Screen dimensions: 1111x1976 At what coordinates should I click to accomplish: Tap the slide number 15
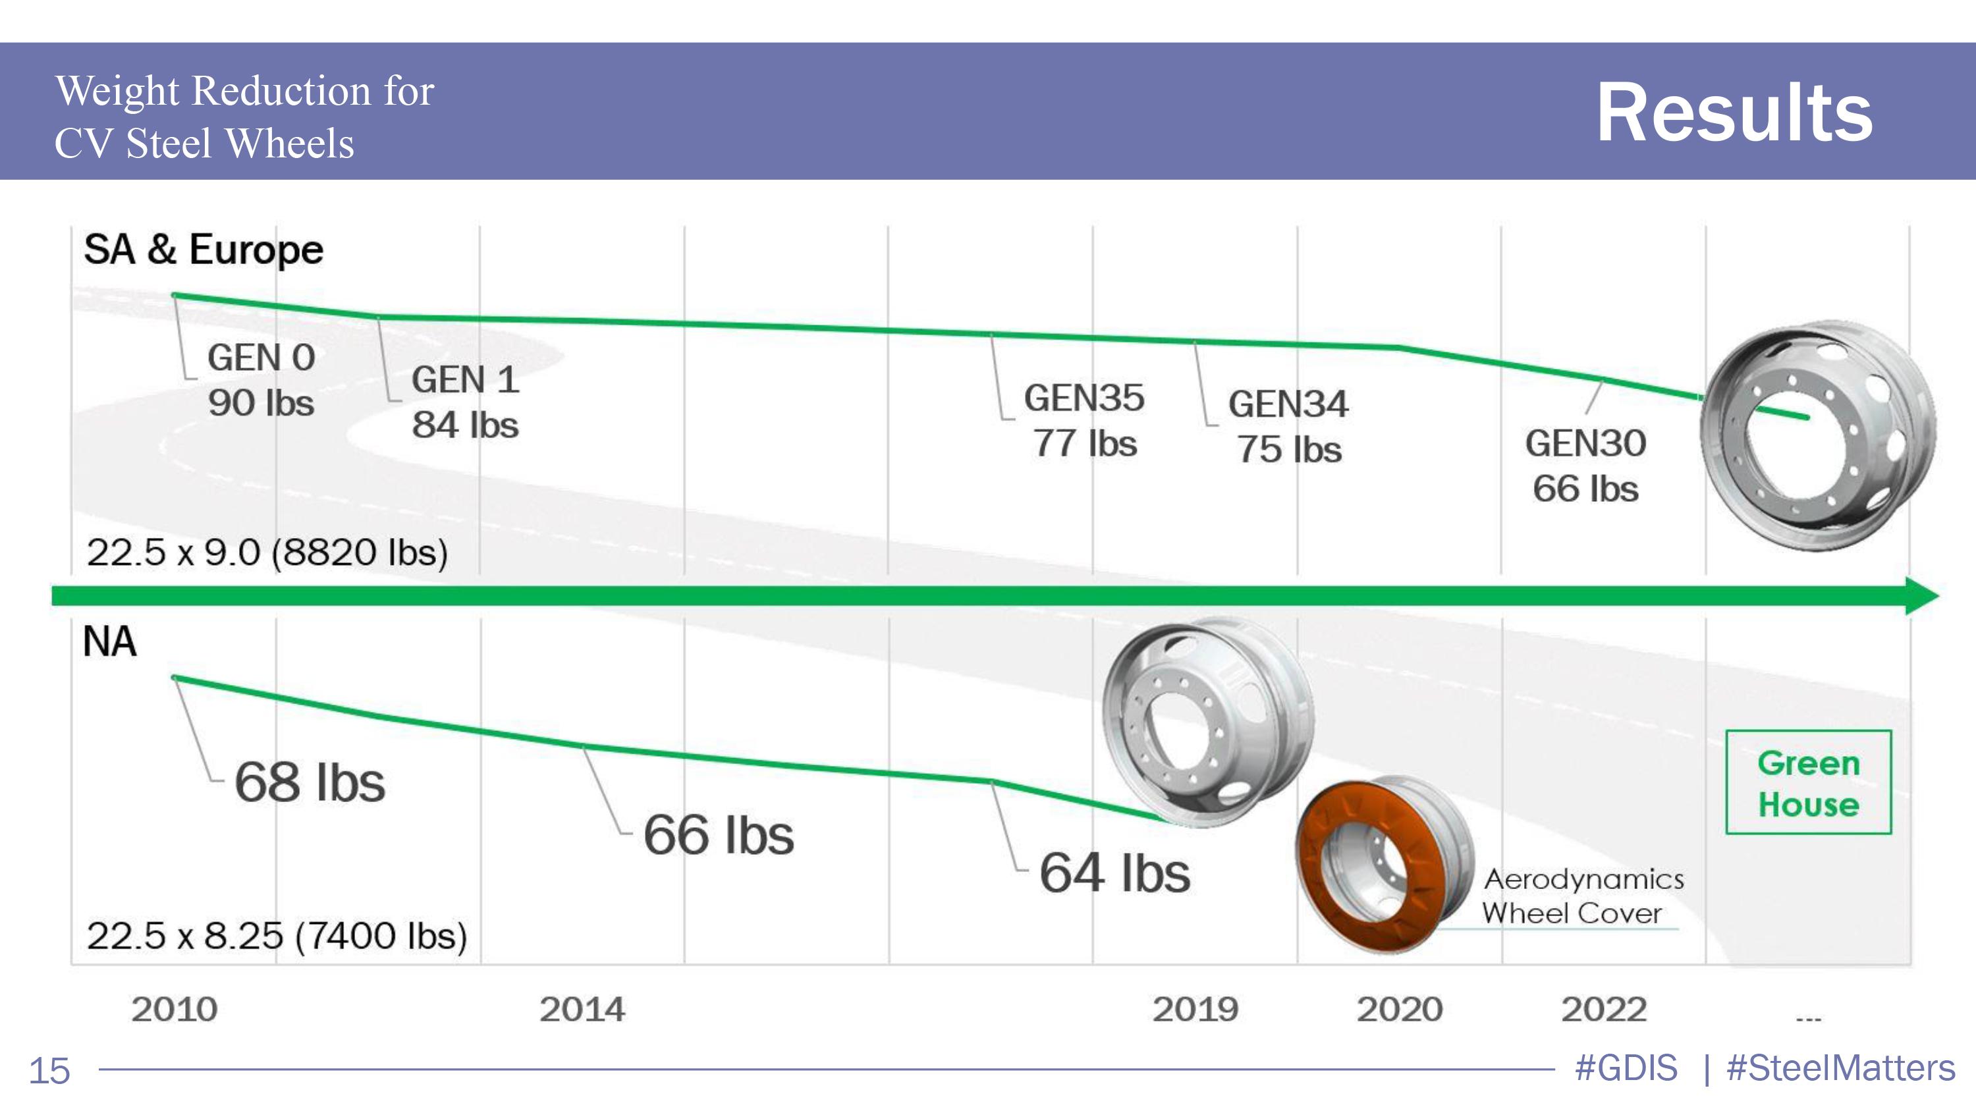(x=49, y=1070)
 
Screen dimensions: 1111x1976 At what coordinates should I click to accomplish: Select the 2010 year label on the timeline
(x=174, y=1009)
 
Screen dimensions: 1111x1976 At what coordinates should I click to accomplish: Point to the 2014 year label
(x=582, y=1009)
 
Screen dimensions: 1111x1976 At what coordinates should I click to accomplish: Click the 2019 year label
(x=1195, y=1009)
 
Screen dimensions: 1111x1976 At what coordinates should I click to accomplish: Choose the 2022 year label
(x=1604, y=1009)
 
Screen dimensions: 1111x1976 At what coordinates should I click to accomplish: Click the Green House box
(x=1808, y=783)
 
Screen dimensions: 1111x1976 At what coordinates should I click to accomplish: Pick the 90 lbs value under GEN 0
(x=261, y=402)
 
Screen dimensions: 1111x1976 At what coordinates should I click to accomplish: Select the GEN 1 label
(x=466, y=379)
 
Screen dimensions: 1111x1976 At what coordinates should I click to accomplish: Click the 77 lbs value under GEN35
(x=1085, y=443)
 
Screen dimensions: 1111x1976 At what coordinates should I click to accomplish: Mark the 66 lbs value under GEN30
(x=1585, y=489)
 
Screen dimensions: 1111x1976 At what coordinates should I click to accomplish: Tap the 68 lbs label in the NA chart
(x=310, y=782)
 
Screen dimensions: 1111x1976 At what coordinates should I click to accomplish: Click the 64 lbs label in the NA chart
(x=1114, y=873)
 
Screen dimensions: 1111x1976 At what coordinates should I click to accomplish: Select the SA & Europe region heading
(x=204, y=250)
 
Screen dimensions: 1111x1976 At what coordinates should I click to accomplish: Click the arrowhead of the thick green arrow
(x=1921, y=596)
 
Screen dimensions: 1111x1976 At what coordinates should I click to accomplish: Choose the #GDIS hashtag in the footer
(x=1626, y=1068)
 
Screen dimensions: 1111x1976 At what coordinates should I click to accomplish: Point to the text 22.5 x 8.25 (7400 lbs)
(x=277, y=935)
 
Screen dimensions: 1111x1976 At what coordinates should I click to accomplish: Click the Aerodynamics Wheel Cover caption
(x=1581, y=896)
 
